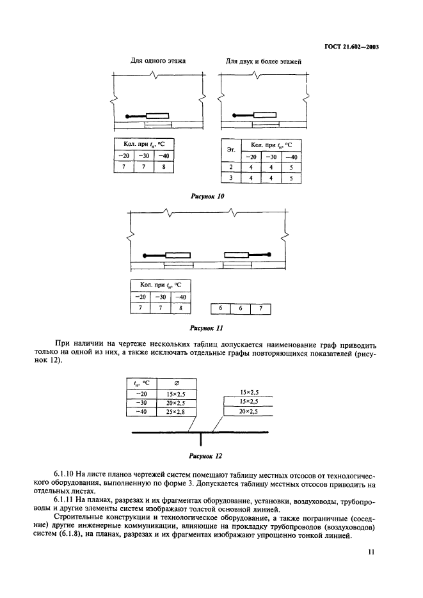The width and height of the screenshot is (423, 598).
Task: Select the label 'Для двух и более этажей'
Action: [x=263, y=62]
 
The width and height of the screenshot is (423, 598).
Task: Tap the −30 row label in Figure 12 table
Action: [x=141, y=404]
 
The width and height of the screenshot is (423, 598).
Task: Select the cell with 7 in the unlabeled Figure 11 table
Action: [x=260, y=309]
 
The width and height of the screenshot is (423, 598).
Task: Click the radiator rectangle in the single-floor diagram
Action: [x=157, y=116]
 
